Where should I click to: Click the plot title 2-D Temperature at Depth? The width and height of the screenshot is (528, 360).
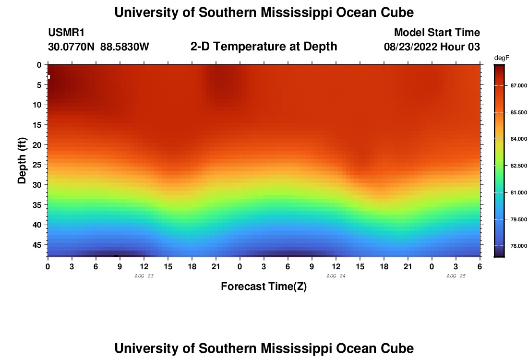[x=264, y=47]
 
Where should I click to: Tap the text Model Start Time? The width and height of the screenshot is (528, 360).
[x=437, y=33]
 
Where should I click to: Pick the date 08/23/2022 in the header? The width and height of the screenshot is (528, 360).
[x=409, y=47]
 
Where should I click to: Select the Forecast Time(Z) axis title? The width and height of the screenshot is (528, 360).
[x=264, y=287]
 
